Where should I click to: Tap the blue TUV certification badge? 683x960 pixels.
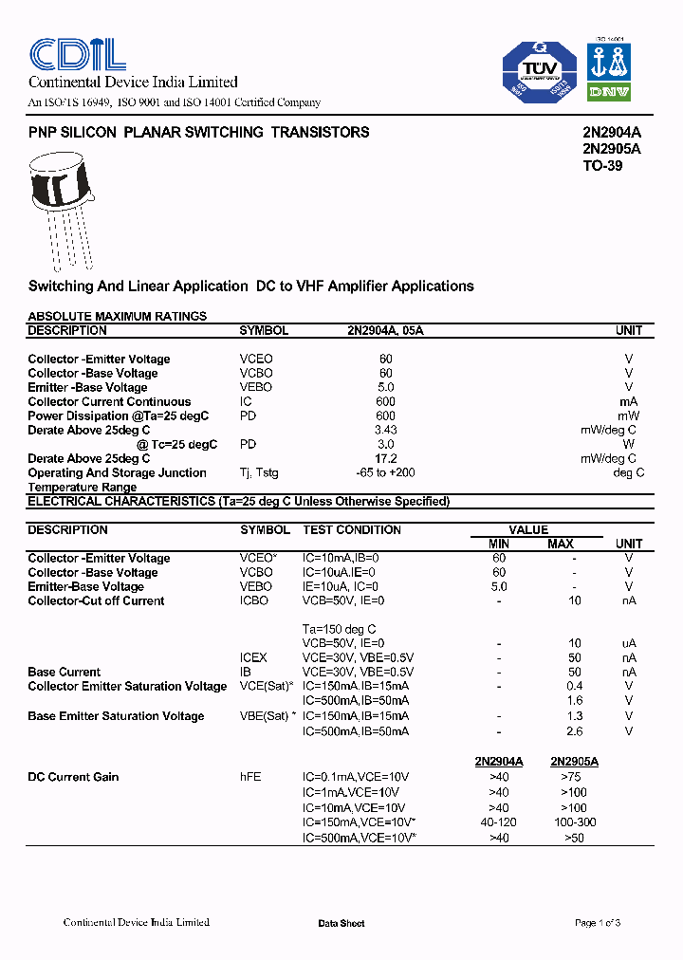[x=540, y=72]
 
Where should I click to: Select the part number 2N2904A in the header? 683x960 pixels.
[x=611, y=133]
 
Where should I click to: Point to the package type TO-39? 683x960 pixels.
[x=602, y=165]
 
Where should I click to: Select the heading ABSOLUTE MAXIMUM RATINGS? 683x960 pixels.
[x=117, y=316]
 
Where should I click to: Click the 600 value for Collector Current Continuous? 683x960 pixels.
[x=385, y=401]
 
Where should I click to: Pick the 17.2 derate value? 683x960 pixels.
[x=385, y=458]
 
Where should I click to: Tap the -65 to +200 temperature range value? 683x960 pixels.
[x=385, y=472]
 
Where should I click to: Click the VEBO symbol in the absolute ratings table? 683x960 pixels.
[x=255, y=387]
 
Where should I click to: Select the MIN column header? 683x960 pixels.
[x=498, y=544]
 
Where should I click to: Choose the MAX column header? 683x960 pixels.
[x=561, y=544]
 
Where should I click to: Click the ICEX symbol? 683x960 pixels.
[x=253, y=657]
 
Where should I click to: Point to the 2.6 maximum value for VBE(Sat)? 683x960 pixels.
[x=574, y=731]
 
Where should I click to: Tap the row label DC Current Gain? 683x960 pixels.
[x=73, y=777]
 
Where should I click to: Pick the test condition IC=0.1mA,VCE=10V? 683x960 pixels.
[x=356, y=777]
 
